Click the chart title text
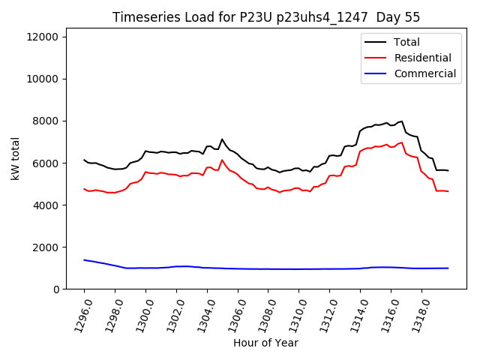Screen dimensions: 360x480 point(266,17)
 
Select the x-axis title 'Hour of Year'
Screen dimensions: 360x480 point(265,343)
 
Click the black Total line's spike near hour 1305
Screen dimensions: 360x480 point(222,139)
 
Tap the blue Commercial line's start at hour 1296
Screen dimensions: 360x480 point(84,259)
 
